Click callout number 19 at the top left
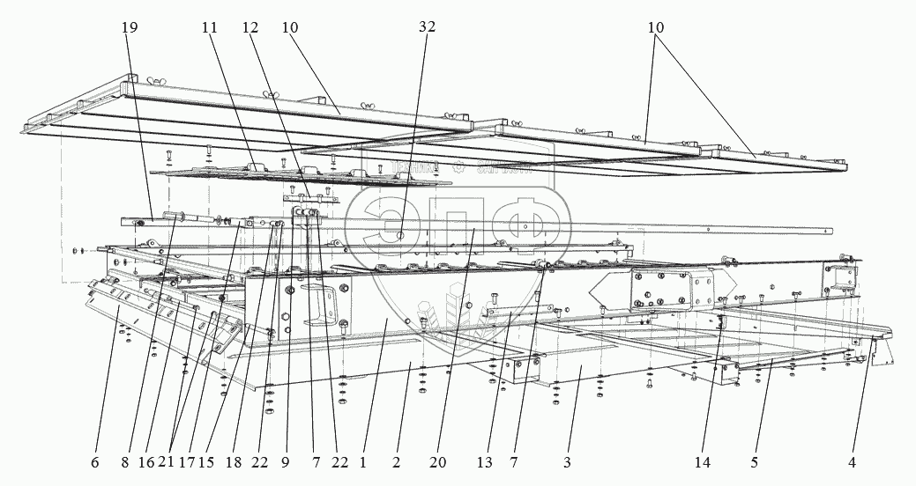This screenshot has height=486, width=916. (x=130, y=28)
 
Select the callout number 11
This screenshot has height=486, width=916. (x=208, y=28)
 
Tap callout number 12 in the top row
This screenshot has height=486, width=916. (x=250, y=28)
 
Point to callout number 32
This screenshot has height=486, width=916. (x=427, y=28)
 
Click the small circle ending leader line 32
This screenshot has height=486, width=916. (x=400, y=235)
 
